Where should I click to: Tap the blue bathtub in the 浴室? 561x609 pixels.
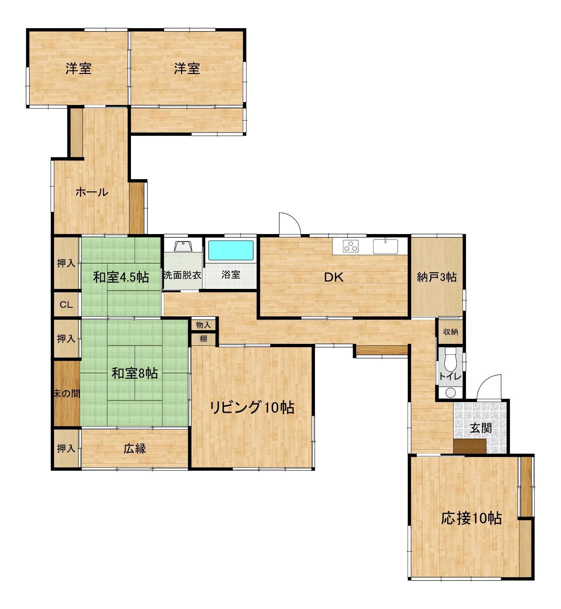click(231, 250)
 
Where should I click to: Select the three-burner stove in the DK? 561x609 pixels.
click(351, 246)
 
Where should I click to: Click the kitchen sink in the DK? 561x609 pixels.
click(385, 246)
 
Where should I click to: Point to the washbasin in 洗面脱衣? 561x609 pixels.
click(183, 246)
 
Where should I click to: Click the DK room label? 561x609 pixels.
click(334, 277)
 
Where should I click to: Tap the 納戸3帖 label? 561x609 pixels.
click(437, 277)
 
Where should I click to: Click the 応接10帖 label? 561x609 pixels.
click(471, 519)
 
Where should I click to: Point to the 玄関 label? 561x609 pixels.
click(481, 428)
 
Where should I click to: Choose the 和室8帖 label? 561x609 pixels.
click(135, 373)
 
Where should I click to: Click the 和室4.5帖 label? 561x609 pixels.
click(121, 277)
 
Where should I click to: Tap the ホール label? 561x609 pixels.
click(92, 192)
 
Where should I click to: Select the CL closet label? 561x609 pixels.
click(66, 305)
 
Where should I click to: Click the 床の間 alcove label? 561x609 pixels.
click(67, 393)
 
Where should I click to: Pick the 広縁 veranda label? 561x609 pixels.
click(135, 449)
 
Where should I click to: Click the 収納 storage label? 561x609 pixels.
click(450, 332)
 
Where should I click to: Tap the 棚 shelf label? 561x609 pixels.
click(203, 339)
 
